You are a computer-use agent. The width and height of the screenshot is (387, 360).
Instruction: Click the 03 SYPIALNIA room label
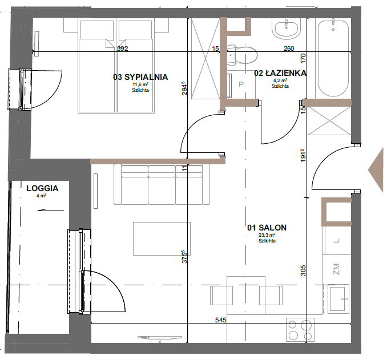[140, 77]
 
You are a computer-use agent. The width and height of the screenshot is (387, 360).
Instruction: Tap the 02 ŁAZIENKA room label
[280, 73]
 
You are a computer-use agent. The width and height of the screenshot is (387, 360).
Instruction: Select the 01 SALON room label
[267, 228]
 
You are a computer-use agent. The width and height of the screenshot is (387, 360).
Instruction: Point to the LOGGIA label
[42, 188]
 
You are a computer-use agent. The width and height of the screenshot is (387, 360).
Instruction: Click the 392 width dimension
[122, 48]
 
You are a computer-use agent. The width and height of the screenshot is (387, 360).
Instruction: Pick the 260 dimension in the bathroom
[289, 48]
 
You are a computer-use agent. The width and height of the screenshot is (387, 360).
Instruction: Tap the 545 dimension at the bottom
[221, 320]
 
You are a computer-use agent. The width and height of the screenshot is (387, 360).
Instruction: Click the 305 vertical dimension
[303, 270]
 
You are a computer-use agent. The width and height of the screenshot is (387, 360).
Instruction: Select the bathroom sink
[287, 29]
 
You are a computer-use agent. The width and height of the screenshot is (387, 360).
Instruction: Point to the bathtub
[333, 58]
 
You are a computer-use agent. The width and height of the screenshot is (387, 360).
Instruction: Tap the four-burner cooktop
[300, 330]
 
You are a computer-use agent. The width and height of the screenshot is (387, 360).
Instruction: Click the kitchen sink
[338, 299]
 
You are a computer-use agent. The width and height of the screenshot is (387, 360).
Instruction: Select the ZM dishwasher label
[336, 269]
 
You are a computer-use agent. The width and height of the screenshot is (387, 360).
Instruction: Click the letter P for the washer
[241, 84]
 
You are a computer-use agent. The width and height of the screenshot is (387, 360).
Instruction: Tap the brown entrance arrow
[376, 170]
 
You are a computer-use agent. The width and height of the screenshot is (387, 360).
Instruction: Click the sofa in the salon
[162, 185]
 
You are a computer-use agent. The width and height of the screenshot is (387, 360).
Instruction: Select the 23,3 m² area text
[267, 235]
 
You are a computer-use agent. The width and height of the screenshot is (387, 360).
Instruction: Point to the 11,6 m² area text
[140, 84]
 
